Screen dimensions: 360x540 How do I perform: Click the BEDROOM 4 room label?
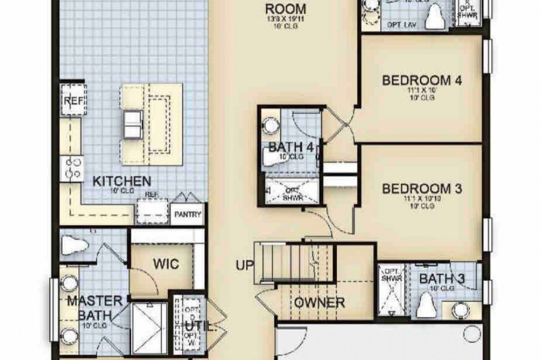click(x=422, y=80)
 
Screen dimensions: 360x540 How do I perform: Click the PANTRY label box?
click(x=187, y=214)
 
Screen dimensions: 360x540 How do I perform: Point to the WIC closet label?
click(x=165, y=264)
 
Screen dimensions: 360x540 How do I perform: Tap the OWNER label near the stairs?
click(x=319, y=302)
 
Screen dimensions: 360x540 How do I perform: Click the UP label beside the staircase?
click(x=244, y=266)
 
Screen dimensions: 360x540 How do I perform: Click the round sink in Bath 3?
click(x=460, y=310)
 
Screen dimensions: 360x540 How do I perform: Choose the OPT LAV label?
click(x=399, y=25)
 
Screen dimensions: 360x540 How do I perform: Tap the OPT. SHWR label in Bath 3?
click(x=389, y=275)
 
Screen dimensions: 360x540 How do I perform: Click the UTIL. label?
click(x=193, y=327)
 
